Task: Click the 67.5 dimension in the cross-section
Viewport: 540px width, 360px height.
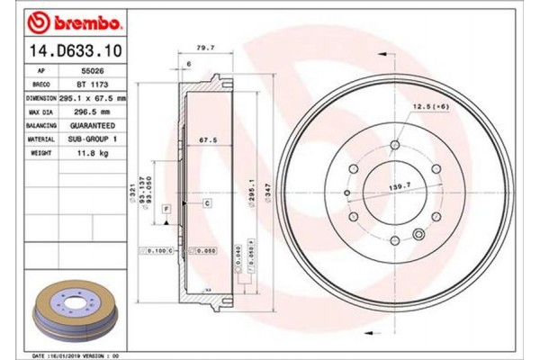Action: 209,139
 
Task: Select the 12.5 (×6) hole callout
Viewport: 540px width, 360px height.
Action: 427,108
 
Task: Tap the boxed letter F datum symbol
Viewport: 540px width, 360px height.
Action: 166,208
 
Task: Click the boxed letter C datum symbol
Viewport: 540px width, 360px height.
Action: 207,204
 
